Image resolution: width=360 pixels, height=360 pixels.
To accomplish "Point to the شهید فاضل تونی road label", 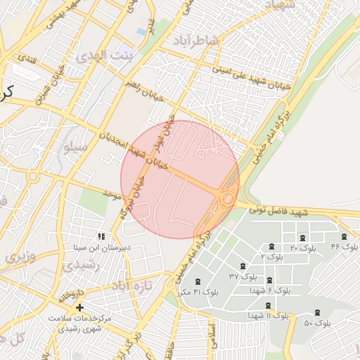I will tap(302, 211).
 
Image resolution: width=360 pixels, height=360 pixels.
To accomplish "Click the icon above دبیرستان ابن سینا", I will tap(101, 237).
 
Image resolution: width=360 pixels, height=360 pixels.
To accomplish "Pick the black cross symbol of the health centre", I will tap(79, 307).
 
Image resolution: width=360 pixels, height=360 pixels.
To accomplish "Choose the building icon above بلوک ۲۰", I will tap(303, 238).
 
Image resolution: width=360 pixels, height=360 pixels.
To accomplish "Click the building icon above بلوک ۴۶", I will tap(344, 237).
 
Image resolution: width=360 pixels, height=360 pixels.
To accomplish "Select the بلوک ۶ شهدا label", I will tap(269, 290).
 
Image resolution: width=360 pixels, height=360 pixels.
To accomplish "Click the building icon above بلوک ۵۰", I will tap(317, 312).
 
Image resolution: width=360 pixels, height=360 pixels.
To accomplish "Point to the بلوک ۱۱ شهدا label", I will tap(268, 316).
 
